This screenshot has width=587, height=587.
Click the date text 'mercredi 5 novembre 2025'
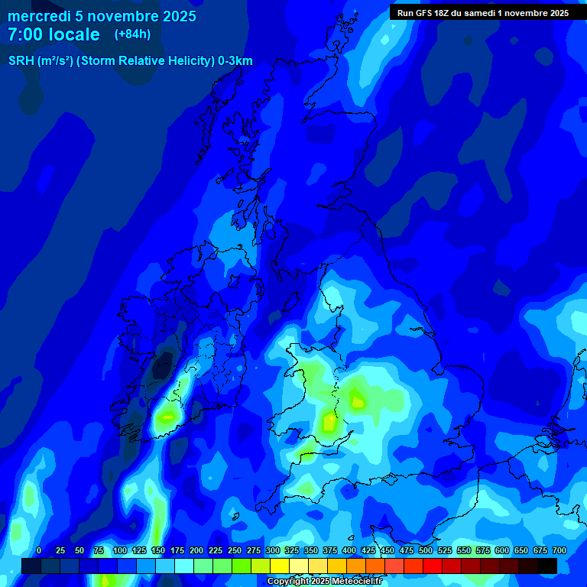(102, 16)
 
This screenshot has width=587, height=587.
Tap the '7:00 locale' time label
(54, 34)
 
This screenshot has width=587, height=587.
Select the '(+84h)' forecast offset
(132, 34)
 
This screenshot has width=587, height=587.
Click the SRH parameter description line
(130, 61)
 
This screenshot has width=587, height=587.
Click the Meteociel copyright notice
(323, 582)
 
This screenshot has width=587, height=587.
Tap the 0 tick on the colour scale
(39, 550)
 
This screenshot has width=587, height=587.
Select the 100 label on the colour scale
(119, 550)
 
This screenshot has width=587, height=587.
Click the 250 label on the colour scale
(234, 550)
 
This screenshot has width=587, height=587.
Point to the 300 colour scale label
(272, 550)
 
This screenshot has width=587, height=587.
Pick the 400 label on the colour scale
(349, 550)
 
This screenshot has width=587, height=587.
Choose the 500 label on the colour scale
(425, 550)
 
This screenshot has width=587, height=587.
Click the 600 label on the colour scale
(501, 550)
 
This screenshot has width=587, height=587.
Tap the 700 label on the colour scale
(559, 550)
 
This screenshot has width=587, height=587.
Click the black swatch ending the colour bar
(547, 566)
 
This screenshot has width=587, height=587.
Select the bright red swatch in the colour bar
(433, 566)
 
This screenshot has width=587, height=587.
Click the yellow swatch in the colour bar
(280, 566)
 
